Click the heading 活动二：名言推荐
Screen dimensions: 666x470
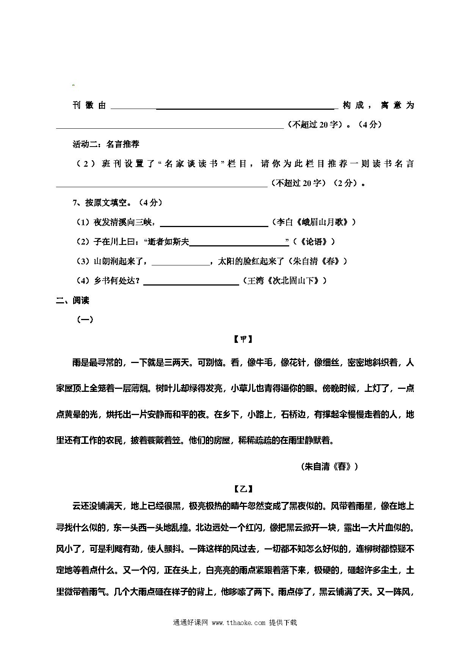[x=106, y=144]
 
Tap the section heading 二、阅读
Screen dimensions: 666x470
[x=72, y=300]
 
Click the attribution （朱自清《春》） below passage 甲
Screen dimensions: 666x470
[x=329, y=467]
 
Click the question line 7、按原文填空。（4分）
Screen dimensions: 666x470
[x=117, y=203]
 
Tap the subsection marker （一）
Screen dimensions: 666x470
[x=85, y=320]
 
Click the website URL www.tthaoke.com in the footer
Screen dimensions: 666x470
[x=238, y=623]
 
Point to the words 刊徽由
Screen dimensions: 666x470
[x=89, y=106]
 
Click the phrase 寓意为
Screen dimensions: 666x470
[x=397, y=106]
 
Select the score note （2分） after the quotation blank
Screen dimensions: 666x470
[x=345, y=183]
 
